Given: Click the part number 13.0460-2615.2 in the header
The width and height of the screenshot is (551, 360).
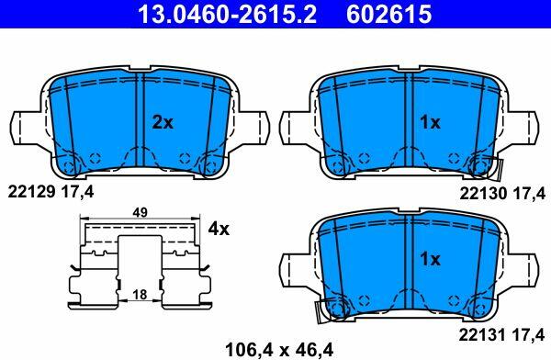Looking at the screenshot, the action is point(228,14).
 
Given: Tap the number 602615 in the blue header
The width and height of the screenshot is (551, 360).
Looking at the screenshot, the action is point(389,14).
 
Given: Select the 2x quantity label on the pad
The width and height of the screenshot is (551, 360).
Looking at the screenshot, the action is point(163,122).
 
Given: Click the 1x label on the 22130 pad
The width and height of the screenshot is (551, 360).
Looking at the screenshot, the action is point(430,122).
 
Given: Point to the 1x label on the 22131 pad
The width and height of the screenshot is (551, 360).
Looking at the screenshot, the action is point(430,259).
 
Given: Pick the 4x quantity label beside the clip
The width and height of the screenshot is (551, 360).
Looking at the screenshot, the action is point(219,229).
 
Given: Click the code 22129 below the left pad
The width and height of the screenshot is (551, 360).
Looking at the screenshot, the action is point(31,192).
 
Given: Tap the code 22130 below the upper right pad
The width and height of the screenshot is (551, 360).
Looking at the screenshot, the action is point(483,194).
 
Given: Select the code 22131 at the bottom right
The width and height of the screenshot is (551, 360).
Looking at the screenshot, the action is point(482,334).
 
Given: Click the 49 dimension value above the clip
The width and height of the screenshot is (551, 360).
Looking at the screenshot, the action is point(141,213).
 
